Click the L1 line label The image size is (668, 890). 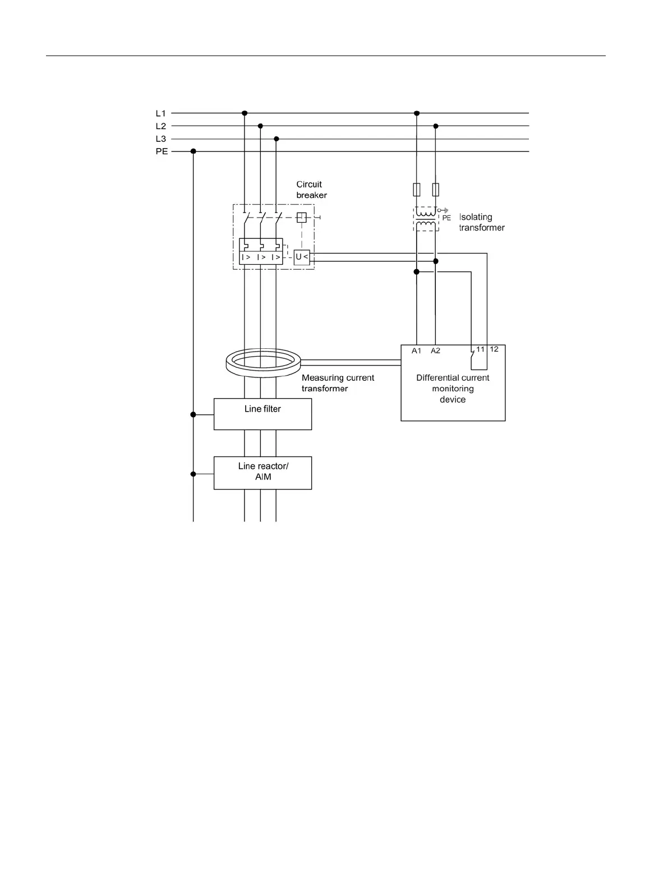[160, 113]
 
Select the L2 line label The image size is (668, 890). [160, 126]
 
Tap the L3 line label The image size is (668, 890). [160, 139]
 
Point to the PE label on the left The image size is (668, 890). [162, 151]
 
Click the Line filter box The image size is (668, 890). [262, 414]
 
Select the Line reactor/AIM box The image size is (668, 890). [262, 472]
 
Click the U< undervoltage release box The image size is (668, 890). [302, 257]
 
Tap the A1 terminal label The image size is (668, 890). [416, 351]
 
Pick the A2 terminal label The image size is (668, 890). [435, 351]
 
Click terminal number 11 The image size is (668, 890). [481, 349]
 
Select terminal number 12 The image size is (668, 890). [494, 349]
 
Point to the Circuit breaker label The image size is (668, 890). [311, 190]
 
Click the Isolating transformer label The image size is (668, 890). [482, 222]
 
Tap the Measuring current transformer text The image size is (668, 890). [338, 383]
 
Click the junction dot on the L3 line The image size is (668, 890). [276, 139]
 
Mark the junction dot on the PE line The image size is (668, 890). [194, 151]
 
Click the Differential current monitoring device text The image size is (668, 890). [453, 389]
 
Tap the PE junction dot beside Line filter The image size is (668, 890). [194, 414]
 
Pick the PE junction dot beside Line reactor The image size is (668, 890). [194, 474]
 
